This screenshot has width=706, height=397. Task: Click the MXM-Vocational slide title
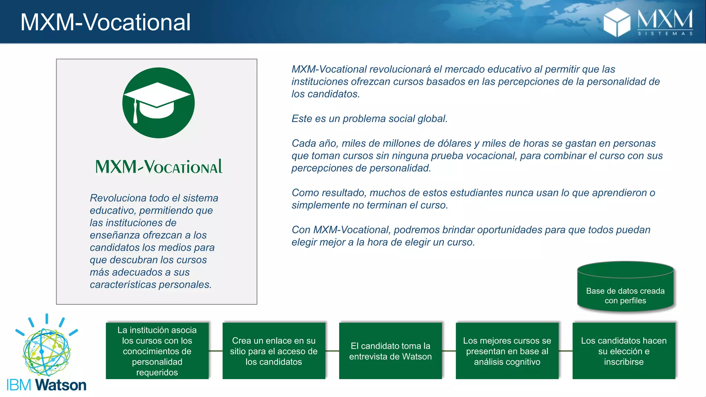tap(105, 22)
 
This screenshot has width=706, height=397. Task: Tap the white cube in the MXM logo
tap(617, 22)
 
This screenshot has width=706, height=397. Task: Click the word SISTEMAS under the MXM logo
tap(665, 34)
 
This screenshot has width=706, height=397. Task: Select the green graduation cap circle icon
tap(159, 103)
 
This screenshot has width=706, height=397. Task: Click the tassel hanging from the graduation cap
tap(135, 112)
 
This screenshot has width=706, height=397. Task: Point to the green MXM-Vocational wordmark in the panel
tap(159, 167)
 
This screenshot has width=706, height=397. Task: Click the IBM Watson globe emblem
tap(47, 352)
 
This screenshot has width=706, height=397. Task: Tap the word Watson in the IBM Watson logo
tap(61, 385)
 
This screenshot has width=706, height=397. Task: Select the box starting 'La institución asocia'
tap(157, 351)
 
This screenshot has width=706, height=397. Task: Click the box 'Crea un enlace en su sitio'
tap(274, 351)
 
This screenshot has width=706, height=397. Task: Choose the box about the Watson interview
tap(390, 351)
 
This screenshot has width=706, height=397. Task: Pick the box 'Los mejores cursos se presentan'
tap(507, 351)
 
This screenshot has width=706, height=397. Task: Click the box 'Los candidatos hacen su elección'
tap(624, 351)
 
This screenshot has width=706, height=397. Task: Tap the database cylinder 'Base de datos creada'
tap(625, 288)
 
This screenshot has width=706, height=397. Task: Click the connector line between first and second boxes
tap(215, 351)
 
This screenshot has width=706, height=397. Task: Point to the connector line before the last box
tap(565, 351)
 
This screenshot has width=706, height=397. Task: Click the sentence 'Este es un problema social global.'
tap(369, 119)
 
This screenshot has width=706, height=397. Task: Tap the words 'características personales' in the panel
tap(150, 285)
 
